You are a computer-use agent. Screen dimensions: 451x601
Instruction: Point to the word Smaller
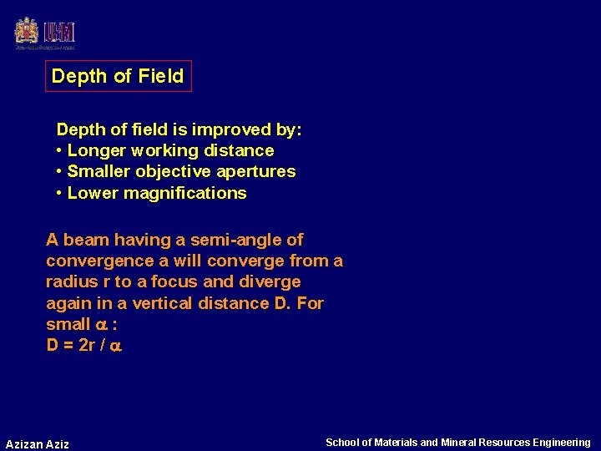98,171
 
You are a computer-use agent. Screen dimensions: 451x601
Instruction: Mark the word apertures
255,171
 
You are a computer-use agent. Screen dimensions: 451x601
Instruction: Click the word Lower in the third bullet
93,193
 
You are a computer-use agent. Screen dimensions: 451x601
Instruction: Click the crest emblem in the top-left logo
27,32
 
